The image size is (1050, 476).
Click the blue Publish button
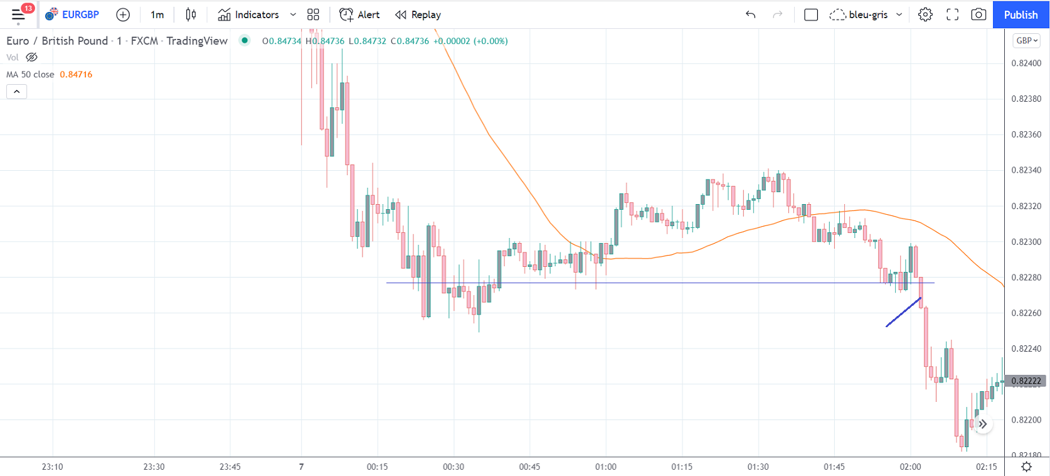pyautogui.click(x=1021, y=14)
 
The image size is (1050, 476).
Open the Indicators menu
pyautogui.click(x=249, y=14)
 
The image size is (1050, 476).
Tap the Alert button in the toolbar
pyautogui.click(x=359, y=14)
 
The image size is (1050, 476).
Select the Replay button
pyautogui.click(x=418, y=14)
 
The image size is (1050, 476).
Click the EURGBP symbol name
pyautogui.click(x=80, y=14)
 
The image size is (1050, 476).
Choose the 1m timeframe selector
pyautogui.click(x=157, y=14)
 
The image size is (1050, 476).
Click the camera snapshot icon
pyautogui.click(x=978, y=14)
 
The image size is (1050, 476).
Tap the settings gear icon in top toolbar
pyautogui.click(x=925, y=14)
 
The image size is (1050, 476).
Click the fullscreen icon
pyautogui.click(x=952, y=14)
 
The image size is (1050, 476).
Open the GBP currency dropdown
pyautogui.click(x=1027, y=41)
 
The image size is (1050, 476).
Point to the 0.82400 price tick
pyautogui.click(x=1026, y=63)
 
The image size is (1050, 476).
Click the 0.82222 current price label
pyautogui.click(x=1026, y=381)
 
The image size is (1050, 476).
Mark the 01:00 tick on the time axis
pyautogui.click(x=606, y=467)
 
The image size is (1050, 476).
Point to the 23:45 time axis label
pyautogui.click(x=230, y=467)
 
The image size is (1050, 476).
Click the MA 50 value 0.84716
pyautogui.click(x=76, y=74)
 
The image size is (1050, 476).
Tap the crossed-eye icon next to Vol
pyautogui.click(x=31, y=57)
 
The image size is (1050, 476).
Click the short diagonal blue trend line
pyautogui.click(x=903, y=312)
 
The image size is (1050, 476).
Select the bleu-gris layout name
pyautogui.click(x=868, y=14)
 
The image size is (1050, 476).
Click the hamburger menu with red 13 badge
pyautogui.click(x=19, y=14)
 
